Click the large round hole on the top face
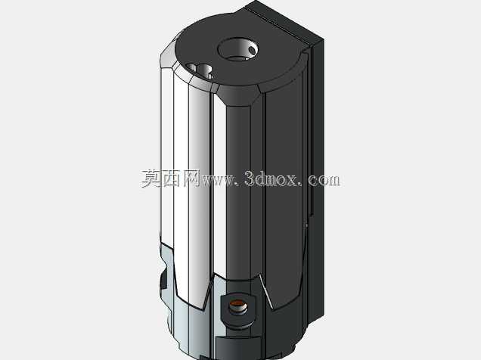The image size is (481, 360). [x=237, y=49]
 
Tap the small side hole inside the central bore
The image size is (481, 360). [x=252, y=50]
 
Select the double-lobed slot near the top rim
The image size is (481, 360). [x=200, y=71]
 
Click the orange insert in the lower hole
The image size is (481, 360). [x=237, y=305]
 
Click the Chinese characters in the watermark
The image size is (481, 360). [x=171, y=178]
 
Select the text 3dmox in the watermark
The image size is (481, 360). [x=272, y=178]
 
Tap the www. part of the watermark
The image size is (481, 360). [x=219, y=180]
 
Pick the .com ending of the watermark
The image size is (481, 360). [x=321, y=179]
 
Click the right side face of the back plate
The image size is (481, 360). [x=318, y=181]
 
